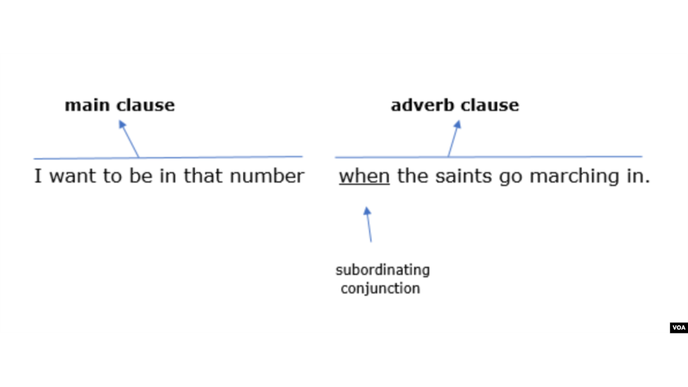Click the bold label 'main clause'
point(120,105)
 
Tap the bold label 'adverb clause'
point(455,105)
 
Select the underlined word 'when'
point(364,176)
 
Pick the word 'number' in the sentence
point(267,176)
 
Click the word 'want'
point(73,176)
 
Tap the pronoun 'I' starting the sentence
point(38,176)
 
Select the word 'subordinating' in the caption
point(383,271)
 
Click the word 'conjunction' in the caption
point(380,288)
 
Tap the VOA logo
point(679,327)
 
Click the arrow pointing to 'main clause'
point(129,139)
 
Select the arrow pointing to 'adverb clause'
point(454,139)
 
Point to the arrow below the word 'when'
point(368,225)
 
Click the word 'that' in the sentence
point(201,176)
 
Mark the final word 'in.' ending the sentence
point(638,176)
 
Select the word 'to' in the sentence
point(112,176)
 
